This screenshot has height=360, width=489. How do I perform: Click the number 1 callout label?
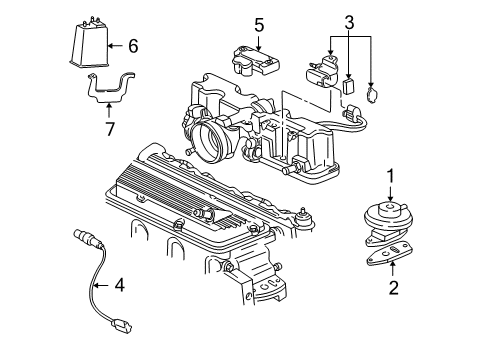[392, 176]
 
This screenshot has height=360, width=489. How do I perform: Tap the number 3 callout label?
[349, 21]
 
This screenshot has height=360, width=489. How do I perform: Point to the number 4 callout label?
[119, 285]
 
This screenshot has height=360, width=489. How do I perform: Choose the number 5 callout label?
[258, 24]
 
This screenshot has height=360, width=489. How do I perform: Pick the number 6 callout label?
[133, 45]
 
